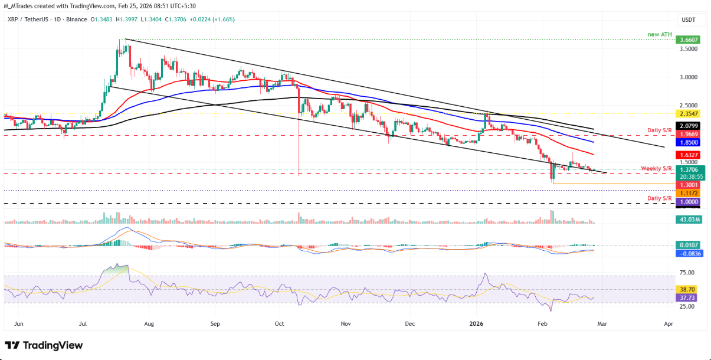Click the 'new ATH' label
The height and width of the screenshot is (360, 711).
(659, 34)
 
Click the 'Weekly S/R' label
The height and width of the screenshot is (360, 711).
(656, 169)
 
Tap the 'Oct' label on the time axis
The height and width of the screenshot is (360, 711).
(280, 324)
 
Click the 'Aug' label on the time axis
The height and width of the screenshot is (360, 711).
(148, 324)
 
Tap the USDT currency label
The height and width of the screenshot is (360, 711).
(688, 19)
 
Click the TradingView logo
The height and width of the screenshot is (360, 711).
(44, 345)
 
